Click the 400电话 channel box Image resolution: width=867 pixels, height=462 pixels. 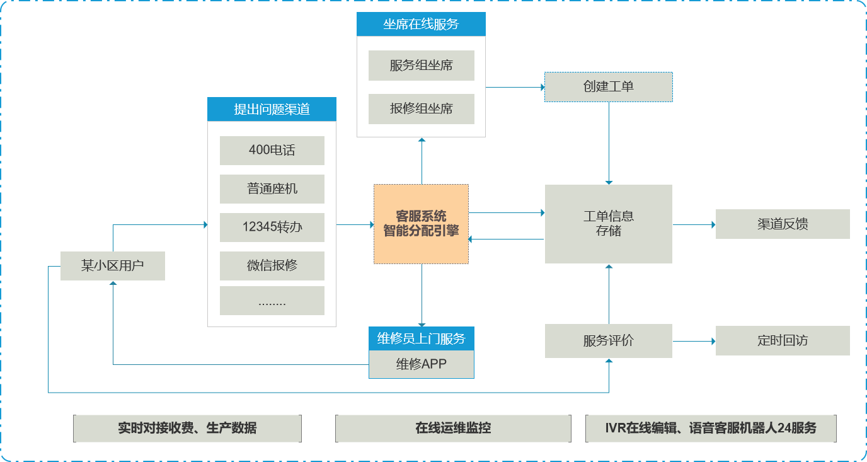point(272,151)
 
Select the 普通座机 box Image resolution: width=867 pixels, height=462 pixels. point(272,189)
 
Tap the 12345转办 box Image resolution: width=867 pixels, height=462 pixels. point(272,228)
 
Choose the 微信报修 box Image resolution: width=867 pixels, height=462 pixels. point(272,266)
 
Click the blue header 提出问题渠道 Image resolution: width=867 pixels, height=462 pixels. point(272,109)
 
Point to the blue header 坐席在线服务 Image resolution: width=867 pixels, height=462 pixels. point(421,25)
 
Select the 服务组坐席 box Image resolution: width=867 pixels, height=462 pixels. point(421,66)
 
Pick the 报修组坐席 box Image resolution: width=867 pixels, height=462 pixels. point(421,109)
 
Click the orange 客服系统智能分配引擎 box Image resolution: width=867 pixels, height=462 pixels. point(421,224)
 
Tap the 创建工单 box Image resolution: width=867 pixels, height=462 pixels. point(608,87)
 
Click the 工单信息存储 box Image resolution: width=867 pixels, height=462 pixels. point(608,224)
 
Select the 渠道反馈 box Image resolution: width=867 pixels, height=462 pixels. point(783,224)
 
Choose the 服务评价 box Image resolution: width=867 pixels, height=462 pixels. point(608,341)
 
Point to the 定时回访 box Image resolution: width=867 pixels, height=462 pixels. point(783,341)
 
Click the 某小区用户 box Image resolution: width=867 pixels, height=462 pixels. point(112,266)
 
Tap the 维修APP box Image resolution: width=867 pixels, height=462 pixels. point(421,364)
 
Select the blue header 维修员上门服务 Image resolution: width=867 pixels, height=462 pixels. point(421,338)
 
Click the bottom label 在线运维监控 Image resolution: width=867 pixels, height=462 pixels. point(453,429)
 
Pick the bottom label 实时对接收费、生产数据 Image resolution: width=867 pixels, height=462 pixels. point(187,429)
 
